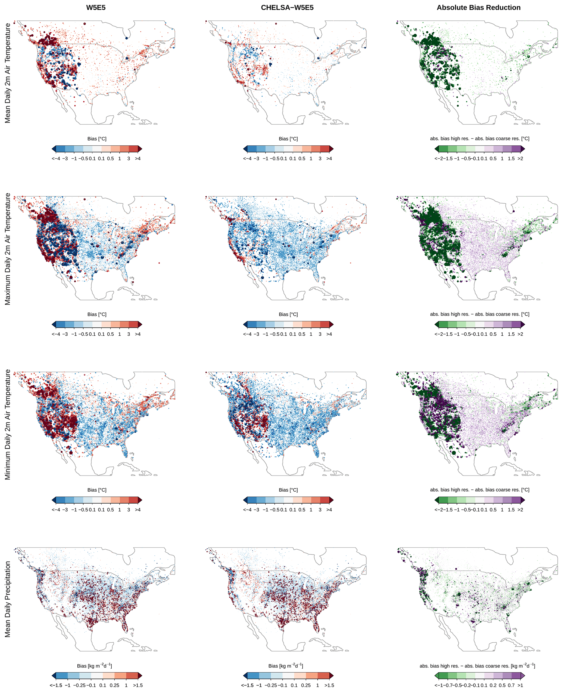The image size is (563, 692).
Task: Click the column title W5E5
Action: (x=96, y=7)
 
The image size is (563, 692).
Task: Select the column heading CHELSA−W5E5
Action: (x=287, y=7)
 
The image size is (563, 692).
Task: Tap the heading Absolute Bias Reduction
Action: (x=478, y=7)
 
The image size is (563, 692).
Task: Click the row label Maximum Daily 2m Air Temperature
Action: (x=7, y=249)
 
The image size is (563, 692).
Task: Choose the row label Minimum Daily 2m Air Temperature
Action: (x=7, y=424)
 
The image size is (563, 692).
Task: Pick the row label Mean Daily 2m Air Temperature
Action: (x=7, y=73)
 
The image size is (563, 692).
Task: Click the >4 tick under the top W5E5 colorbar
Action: (x=138, y=158)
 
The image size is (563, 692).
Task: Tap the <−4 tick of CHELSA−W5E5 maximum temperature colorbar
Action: (x=247, y=334)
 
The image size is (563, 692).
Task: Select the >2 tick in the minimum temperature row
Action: (x=520, y=510)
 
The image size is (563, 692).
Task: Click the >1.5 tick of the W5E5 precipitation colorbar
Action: (x=138, y=685)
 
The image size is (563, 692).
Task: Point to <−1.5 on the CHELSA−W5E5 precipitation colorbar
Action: (x=247, y=685)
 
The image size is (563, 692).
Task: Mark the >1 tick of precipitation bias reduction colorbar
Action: (x=520, y=685)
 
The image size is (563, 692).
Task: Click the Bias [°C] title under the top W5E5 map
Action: (x=97, y=139)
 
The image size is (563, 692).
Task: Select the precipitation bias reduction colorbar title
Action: (x=477, y=666)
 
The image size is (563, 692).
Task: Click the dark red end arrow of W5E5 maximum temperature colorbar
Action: (x=140, y=324)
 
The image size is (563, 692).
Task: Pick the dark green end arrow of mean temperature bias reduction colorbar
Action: (x=437, y=149)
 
